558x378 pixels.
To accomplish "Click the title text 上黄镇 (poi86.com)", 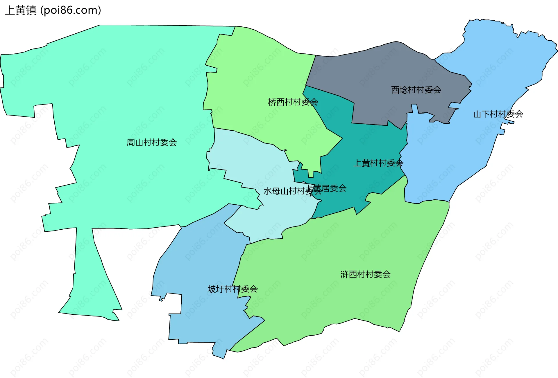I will tap(53, 10).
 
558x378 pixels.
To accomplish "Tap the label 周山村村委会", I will tap(152, 142).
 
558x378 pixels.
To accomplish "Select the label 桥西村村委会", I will tap(293, 102).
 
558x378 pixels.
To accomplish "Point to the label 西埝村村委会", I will tap(416, 90).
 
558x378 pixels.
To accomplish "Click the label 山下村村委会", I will tap(498, 114).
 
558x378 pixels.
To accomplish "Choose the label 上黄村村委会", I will tap(378, 163).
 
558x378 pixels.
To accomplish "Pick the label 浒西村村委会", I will tap(365, 274).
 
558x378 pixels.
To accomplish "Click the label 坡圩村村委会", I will tap(233, 289).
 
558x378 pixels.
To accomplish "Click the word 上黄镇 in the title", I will tap(21, 10).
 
